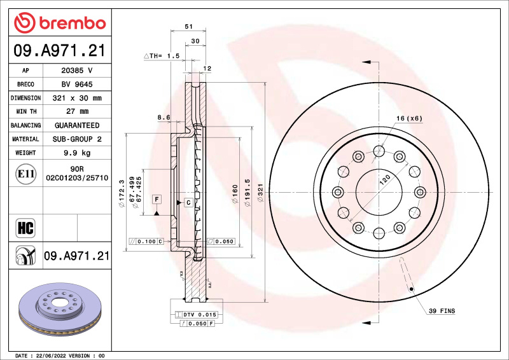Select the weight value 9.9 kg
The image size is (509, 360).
pos(77,153)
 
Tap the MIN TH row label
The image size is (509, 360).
pos(25,111)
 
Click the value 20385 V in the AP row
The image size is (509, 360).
pos(77,71)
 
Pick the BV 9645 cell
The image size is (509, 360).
pos(77,84)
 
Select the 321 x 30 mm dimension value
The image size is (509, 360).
pos(77,98)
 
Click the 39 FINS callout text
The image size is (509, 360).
pos(441,311)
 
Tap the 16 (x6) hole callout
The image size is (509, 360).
pos(409,118)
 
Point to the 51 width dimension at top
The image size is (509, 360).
pos(188,27)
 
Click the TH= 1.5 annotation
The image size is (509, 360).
pos(163,56)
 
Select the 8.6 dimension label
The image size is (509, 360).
pos(164,117)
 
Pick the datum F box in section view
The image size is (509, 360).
pos(156,200)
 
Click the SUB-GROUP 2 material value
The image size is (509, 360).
pos(77,139)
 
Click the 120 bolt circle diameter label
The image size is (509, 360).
pos(384,180)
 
